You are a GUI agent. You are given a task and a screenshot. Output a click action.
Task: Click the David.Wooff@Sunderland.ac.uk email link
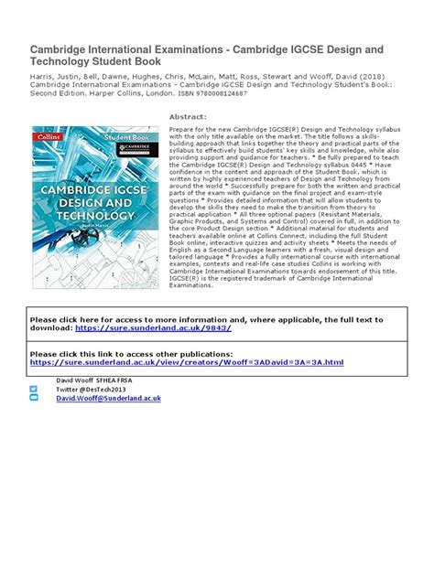click(x=108, y=399)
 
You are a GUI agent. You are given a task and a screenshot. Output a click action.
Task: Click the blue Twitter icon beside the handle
click(x=34, y=389)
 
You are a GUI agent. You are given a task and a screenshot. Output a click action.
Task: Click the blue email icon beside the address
click(x=34, y=399)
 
